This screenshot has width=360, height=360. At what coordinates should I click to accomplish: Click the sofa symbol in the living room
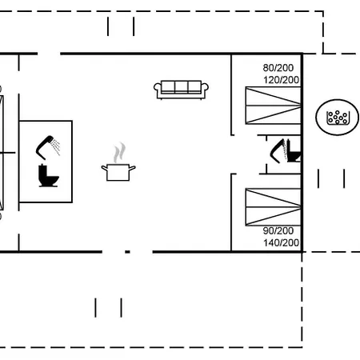tap(181, 90)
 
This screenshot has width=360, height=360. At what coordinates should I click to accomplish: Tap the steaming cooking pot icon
tap(118, 162)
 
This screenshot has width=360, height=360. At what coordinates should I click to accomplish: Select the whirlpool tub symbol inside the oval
tap(338, 118)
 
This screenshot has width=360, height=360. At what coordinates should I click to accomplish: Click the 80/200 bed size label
tap(278, 68)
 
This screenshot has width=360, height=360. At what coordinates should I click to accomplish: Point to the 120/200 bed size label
tap(281, 80)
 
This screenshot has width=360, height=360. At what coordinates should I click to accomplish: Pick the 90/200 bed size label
tap(278, 230)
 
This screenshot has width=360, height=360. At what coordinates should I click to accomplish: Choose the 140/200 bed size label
tap(281, 242)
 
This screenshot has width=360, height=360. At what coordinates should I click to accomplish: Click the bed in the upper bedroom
tap(273, 106)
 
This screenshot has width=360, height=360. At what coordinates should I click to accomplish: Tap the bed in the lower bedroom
tap(273, 207)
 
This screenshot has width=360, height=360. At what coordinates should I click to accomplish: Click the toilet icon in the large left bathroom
tap(48, 175)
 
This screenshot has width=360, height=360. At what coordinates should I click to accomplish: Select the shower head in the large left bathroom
tap(46, 146)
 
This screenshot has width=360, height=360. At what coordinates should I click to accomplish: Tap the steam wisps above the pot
tap(119, 153)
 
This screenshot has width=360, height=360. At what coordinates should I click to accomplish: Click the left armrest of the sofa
tap(158, 88)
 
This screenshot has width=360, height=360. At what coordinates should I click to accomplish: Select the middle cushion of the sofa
tap(182, 86)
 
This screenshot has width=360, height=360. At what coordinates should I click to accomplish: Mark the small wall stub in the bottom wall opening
tap(127, 252)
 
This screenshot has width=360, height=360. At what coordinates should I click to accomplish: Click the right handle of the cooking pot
tap(132, 168)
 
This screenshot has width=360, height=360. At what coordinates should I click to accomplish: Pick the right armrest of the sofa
tap(205, 88)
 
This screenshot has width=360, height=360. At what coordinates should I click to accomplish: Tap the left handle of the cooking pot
tap(105, 168)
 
